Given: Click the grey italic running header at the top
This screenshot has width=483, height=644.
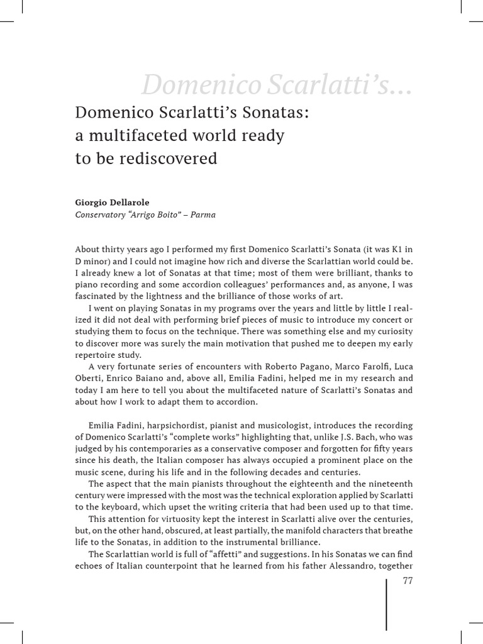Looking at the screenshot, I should tap(277, 84).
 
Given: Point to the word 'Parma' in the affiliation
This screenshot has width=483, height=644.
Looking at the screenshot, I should tap(202, 214).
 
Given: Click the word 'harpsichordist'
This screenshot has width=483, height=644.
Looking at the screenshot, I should tap(158, 425).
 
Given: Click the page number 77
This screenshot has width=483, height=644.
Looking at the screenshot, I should tap(408, 580).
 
